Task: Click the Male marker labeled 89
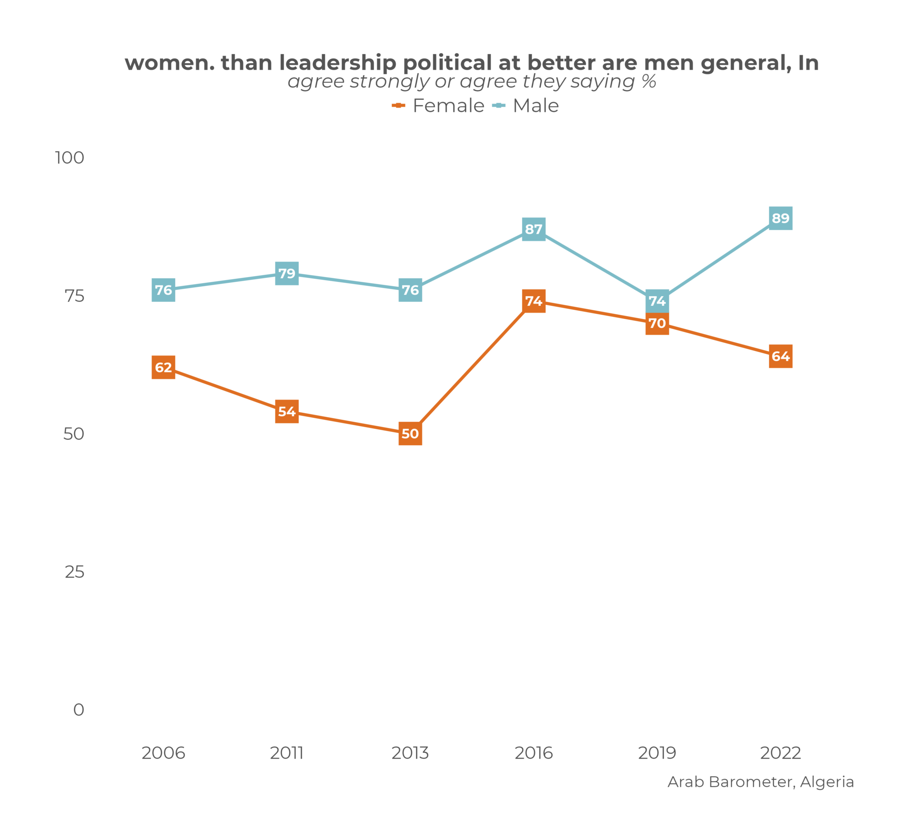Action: click(x=780, y=218)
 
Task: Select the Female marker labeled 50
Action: click(x=410, y=433)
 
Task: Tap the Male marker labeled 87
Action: click(x=533, y=229)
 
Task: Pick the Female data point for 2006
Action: click(x=164, y=367)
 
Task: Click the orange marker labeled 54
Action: click(x=287, y=411)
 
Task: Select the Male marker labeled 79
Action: click(x=287, y=273)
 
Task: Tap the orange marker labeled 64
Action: click(x=780, y=356)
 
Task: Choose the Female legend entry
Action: click(x=439, y=106)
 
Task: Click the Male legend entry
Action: click(x=526, y=106)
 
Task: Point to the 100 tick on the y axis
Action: click(x=69, y=158)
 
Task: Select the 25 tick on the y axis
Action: click(x=75, y=572)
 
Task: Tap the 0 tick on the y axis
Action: click(x=79, y=710)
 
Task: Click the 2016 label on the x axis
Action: click(x=533, y=753)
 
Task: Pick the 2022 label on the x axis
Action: click(x=780, y=753)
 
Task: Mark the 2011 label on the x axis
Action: click(x=287, y=753)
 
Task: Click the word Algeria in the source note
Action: click(x=827, y=782)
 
